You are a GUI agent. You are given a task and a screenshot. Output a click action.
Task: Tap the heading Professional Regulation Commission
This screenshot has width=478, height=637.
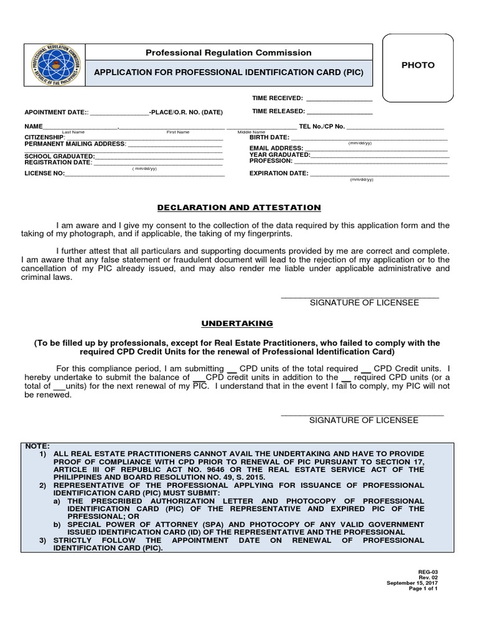228,53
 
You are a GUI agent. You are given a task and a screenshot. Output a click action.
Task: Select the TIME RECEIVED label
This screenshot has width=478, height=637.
277,98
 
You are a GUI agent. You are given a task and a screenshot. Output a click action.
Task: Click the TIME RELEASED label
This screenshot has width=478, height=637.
278,111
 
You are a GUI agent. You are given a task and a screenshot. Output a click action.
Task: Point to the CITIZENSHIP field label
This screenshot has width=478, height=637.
44,137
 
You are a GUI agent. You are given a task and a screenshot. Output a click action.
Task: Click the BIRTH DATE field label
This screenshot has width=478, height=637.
269,137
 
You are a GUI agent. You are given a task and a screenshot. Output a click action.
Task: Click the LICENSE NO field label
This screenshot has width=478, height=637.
44,174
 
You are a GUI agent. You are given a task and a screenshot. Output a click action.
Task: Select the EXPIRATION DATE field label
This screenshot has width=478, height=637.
278,174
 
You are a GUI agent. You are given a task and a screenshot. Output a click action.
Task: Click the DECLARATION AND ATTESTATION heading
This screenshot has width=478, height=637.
238,207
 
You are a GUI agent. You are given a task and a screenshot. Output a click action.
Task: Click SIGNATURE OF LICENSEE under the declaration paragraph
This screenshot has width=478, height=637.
364,302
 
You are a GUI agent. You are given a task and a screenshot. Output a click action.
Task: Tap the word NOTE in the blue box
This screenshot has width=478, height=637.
36,446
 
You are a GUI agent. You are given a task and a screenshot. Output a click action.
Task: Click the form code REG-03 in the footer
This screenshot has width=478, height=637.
439,570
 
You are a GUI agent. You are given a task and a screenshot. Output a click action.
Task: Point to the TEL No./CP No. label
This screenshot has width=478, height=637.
321,126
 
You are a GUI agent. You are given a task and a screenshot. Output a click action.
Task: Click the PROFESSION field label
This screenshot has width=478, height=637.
271,161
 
